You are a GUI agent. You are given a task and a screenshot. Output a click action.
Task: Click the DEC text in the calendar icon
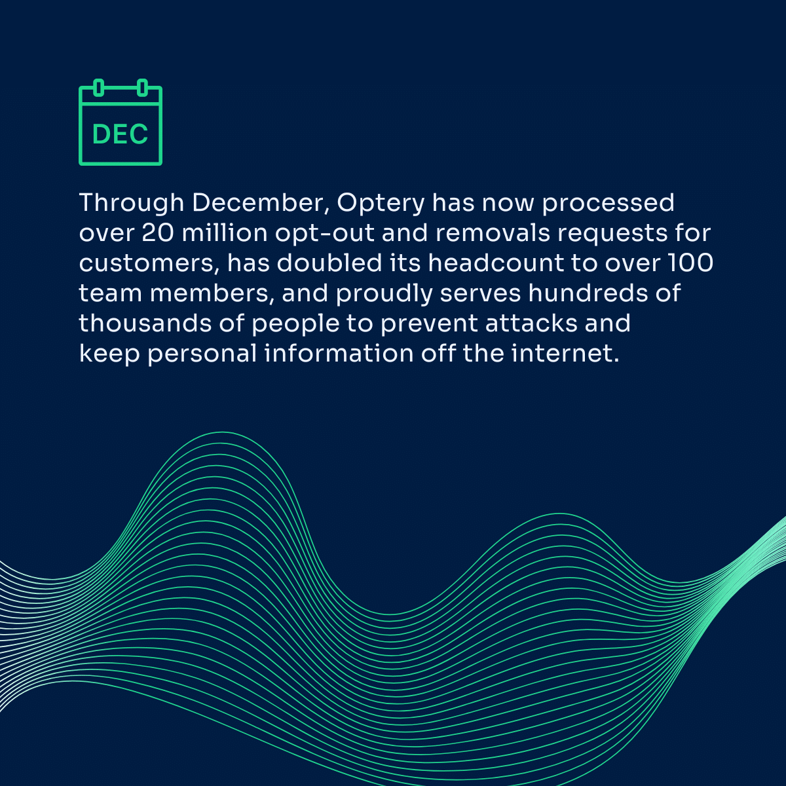coord(120,134)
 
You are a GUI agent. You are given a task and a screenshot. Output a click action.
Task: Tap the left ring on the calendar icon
coord(98,88)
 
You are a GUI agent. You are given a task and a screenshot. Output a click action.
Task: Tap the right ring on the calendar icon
coord(142,88)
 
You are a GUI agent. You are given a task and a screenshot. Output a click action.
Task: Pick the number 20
coord(158,233)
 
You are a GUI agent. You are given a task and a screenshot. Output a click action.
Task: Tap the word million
coord(225,233)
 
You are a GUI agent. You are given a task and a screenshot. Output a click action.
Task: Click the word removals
coord(493,233)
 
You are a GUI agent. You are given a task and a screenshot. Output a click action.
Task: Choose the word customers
coord(147,264)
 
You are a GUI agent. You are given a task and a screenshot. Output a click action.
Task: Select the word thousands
coord(145,323)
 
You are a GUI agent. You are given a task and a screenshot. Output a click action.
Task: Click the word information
coord(339,353)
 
